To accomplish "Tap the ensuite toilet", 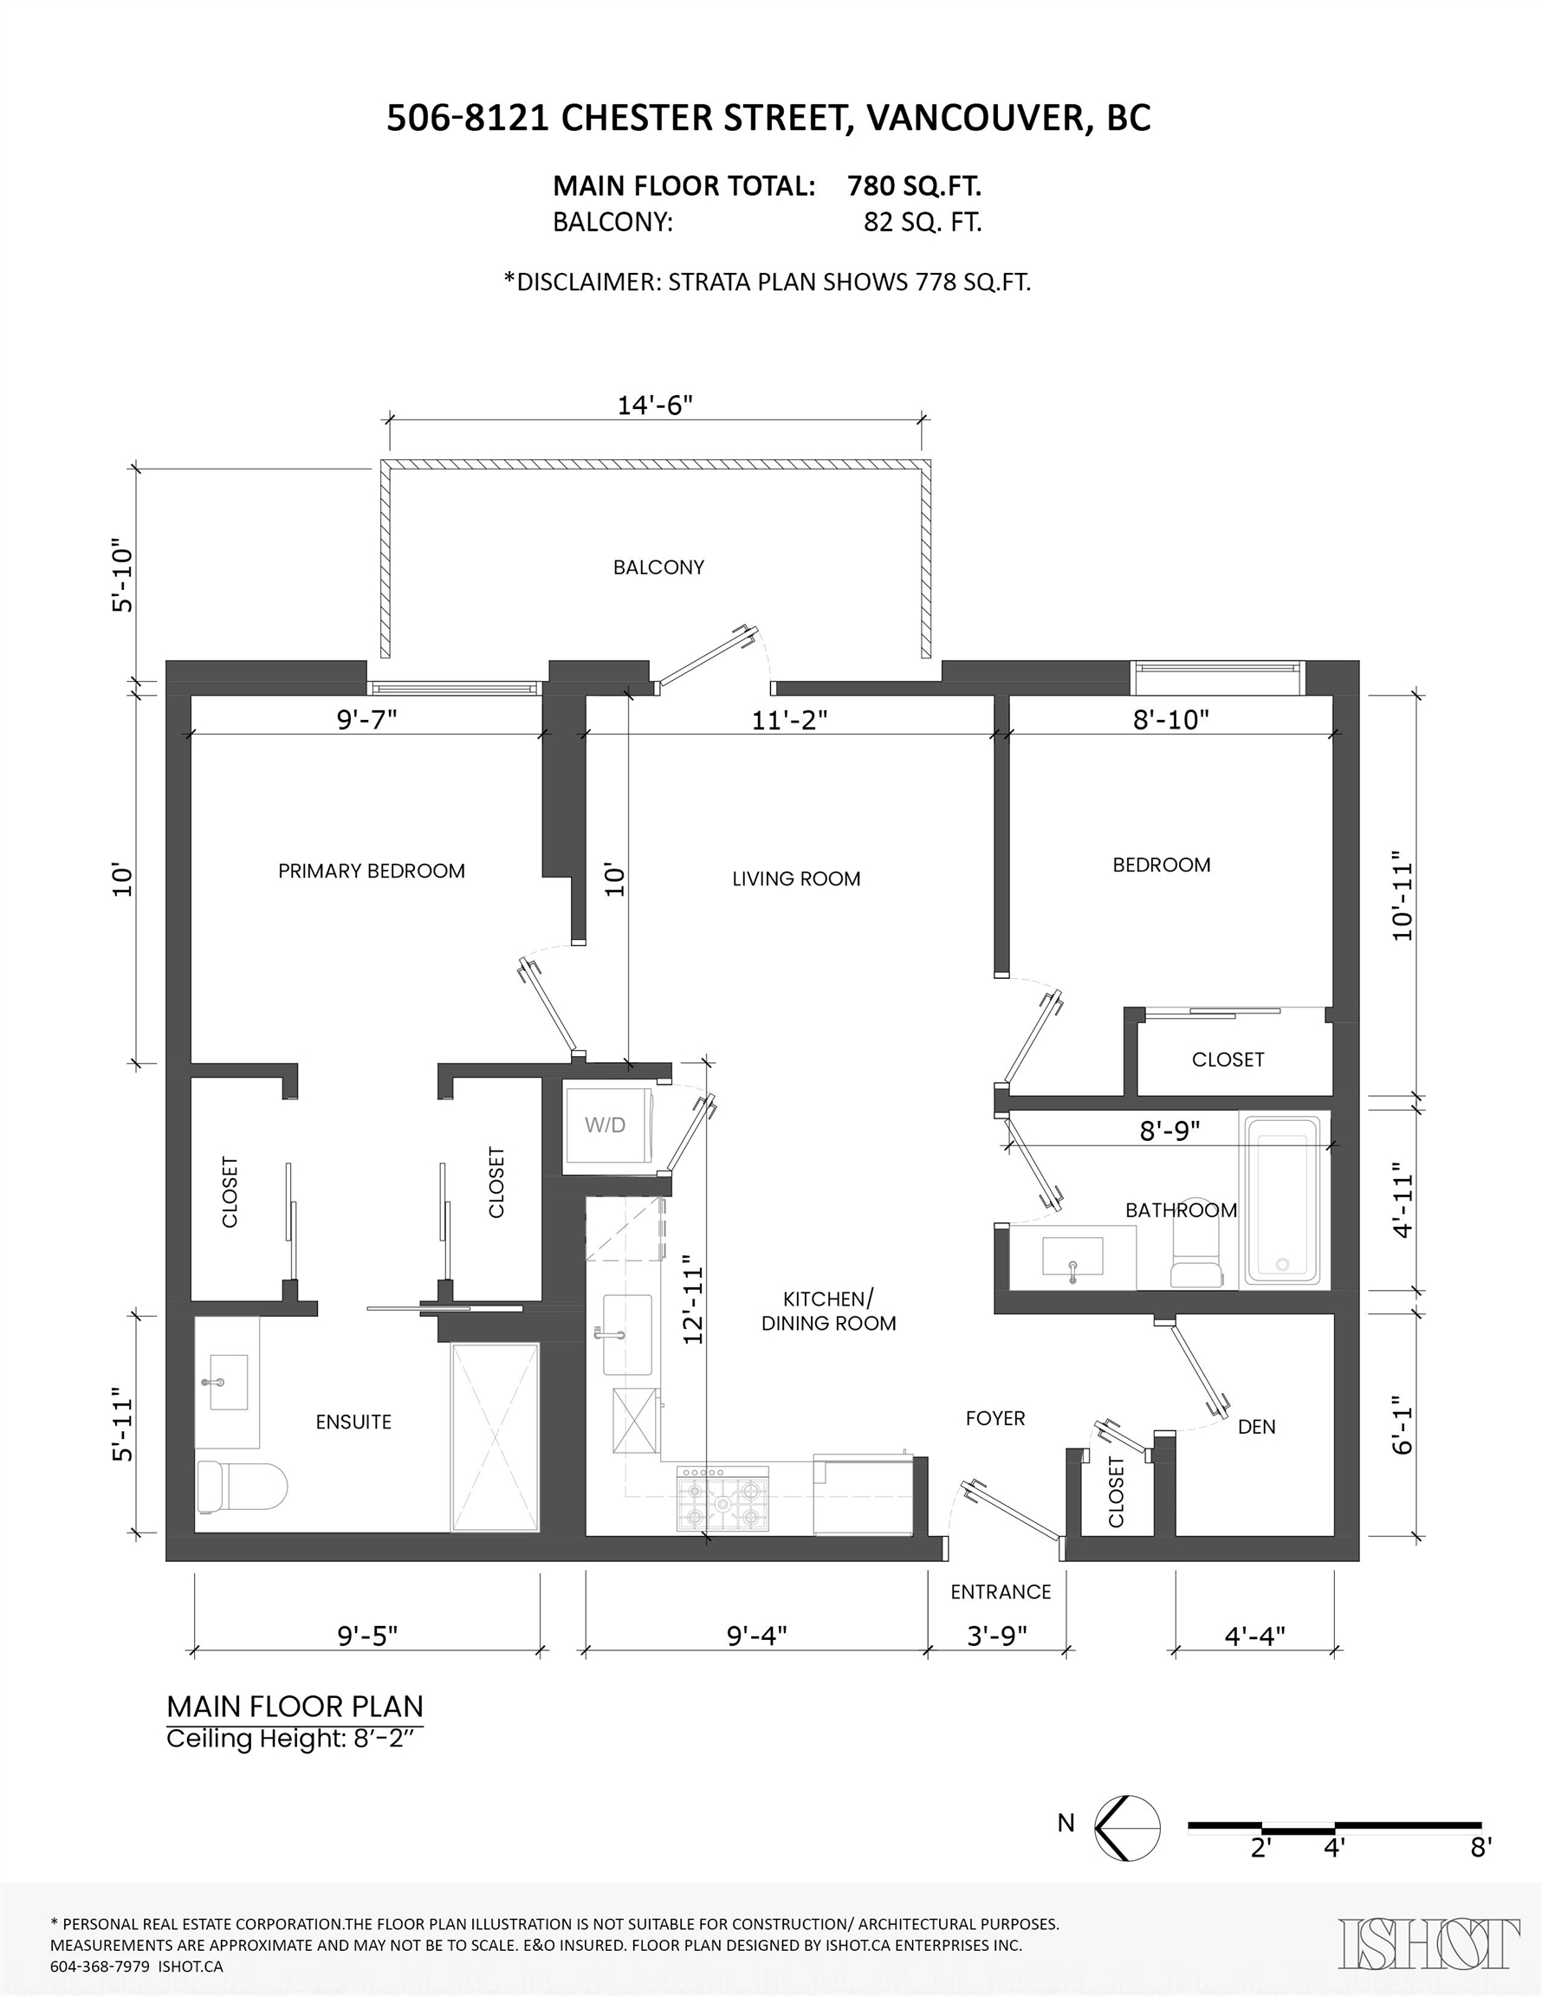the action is pos(243,1485).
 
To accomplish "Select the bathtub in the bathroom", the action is pos(1280,1199).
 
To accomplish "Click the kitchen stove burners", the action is pos(722,1499).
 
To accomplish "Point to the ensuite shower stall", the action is pos(495,1436).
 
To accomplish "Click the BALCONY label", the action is pos(659,567).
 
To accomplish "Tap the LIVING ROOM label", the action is pos(796,879).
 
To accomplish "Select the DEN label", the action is pos(1257,1427).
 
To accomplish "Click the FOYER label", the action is pos(995,1418).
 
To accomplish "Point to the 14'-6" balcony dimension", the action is pos(656,405).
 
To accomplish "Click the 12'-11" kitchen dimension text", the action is pos(694,1298).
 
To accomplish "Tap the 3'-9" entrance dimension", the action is pos(997,1635).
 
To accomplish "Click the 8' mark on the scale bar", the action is pos(1480,1847).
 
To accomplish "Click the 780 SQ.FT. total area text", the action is pos(914,186).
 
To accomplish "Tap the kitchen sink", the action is pos(627,1334).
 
